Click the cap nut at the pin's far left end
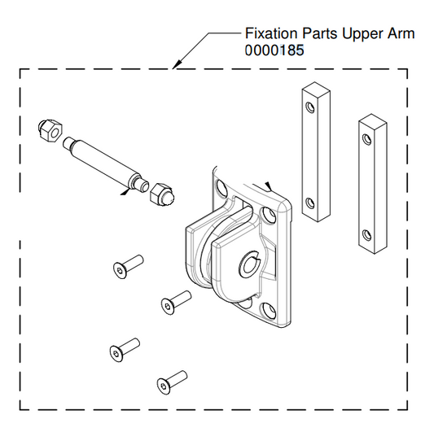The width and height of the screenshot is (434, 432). (x=47, y=131)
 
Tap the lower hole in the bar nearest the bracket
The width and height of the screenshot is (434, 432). (x=309, y=203)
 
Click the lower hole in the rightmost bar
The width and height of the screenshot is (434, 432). (x=366, y=237)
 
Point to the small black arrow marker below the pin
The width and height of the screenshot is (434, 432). (x=124, y=193)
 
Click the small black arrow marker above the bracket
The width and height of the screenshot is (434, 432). (x=268, y=186)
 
